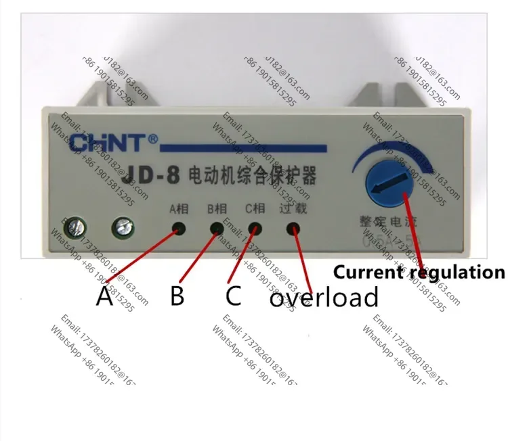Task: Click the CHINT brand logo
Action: pos(114,143)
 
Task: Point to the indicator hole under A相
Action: pos(179,229)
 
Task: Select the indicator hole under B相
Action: pos(217,229)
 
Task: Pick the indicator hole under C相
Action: pos(256,229)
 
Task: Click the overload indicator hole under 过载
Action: pos(294,229)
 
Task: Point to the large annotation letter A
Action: pos(104,296)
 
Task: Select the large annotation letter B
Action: pos(177,296)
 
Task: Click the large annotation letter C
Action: pos(233,296)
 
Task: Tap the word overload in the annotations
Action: pos(324,297)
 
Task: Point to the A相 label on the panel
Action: pos(179,208)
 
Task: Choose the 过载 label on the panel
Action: pos(293,208)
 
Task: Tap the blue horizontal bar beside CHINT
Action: pos(244,147)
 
